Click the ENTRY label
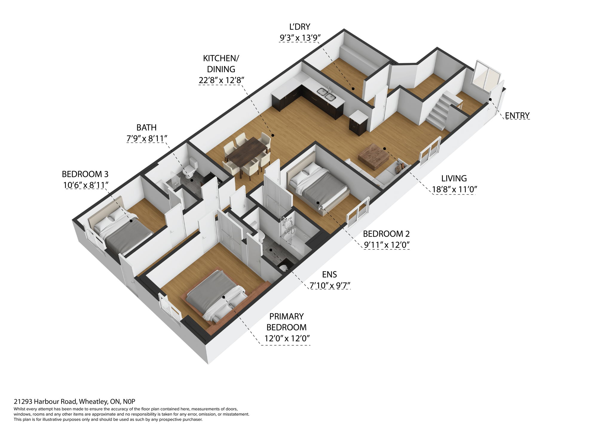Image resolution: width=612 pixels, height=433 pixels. click(517, 115)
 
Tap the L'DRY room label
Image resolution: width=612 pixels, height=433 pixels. click(299, 27)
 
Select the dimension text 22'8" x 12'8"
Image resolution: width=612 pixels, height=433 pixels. click(221, 80)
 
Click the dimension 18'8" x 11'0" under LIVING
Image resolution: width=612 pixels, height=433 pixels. click(454, 189)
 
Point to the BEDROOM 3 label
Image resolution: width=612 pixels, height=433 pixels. click(85, 174)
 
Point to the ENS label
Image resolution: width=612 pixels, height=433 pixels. click(329, 275)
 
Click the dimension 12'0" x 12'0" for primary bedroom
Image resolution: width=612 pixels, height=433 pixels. click(287, 339)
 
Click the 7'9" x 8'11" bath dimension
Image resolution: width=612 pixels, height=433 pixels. click(146, 138)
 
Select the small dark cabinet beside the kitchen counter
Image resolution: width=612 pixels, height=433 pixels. click(358, 123)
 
